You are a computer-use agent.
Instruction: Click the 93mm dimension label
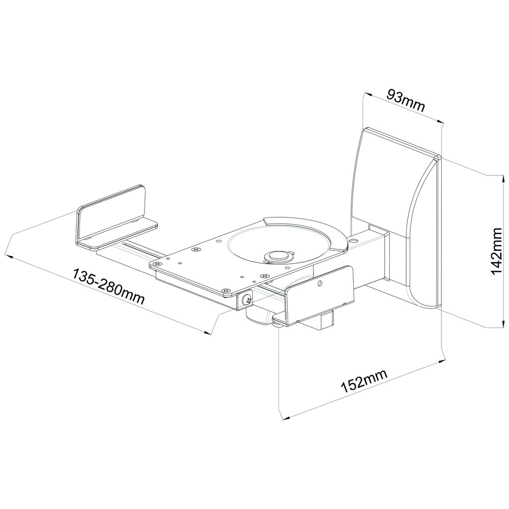point(406,101)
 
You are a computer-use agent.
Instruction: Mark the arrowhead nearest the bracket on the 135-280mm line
point(208,333)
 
